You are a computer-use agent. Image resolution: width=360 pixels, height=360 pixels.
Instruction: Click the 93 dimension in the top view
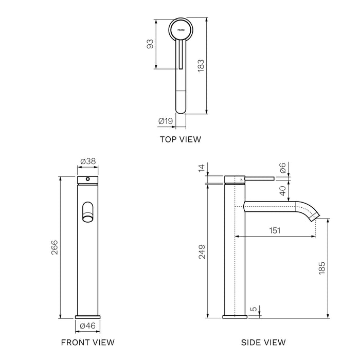150,44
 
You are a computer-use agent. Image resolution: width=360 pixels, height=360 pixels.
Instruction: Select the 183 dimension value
201,66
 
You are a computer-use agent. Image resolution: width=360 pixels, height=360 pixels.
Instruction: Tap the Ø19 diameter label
166,121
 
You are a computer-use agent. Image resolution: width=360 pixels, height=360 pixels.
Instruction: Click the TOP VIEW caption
181,139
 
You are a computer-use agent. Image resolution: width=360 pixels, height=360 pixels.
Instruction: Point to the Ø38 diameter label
88,161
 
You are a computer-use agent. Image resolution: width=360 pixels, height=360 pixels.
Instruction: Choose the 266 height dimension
55,247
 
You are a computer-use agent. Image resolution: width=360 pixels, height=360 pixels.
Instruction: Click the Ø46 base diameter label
88,326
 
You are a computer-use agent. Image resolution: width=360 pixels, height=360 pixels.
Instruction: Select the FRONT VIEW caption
88,343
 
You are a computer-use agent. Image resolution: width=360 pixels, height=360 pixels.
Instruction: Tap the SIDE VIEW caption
263,343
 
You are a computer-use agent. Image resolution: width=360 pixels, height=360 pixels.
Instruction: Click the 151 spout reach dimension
275,230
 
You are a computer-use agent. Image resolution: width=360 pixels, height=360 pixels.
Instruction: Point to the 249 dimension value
202,252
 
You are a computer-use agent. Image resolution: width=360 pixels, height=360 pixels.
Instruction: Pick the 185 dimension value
322,268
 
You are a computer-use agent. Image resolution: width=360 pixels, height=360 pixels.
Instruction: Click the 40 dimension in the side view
283,191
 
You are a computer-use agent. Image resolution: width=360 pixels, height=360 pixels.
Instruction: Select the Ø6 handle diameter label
283,168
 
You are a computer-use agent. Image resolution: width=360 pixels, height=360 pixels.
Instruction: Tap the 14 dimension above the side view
202,168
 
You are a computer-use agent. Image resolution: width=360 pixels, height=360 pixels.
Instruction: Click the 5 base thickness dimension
254,309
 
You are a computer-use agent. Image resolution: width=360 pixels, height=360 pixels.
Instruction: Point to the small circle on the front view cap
88,179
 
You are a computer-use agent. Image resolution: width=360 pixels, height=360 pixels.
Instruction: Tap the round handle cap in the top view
181,30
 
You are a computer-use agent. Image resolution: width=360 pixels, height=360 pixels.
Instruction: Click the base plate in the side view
235,317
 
